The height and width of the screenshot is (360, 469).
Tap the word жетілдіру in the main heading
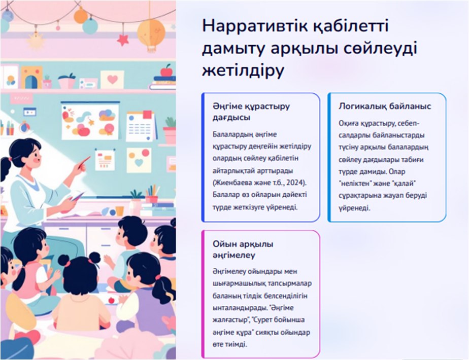coord(243,71)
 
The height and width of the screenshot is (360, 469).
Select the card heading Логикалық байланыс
coord(385,106)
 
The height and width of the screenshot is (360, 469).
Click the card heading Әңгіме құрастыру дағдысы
coord(251,112)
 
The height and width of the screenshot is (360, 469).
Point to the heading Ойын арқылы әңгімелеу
coord(243,249)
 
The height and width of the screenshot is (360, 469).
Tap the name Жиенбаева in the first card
coord(232,183)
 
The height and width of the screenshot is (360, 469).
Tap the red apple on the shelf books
coord(166,71)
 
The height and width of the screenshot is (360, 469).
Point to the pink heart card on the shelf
coord(112,80)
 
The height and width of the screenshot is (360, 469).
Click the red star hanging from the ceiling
coord(123,40)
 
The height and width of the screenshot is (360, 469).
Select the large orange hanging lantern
coord(151,33)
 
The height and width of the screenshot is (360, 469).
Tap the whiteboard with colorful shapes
coord(90,121)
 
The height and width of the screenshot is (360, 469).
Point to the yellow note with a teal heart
coord(139,160)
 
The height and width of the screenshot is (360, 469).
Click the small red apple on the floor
coord(111,300)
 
